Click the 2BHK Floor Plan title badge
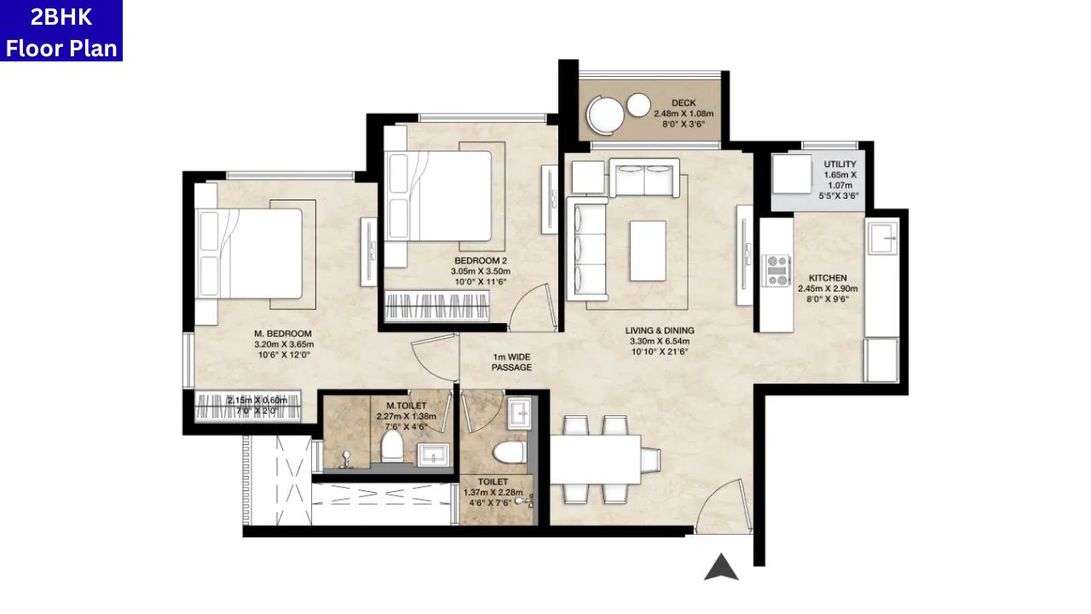pyautogui.click(x=61, y=31)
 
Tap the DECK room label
pyautogui.click(x=683, y=103)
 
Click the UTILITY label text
pyautogui.click(x=840, y=165)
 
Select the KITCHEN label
pyautogui.click(x=827, y=278)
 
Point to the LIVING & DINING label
pyautogui.click(x=660, y=331)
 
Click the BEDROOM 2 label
pyautogui.click(x=480, y=261)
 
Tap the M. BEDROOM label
pyautogui.click(x=282, y=333)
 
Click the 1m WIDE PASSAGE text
pyautogui.click(x=511, y=362)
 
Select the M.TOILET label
pyautogui.click(x=406, y=405)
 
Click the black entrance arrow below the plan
pyautogui.click(x=721, y=567)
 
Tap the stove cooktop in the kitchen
pyautogui.click(x=776, y=270)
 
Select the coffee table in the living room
pyautogui.click(x=648, y=250)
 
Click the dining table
pyautogui.click(x=595, y=459)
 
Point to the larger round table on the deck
pyautogui.click(x=607, y=114)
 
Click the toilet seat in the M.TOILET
pyautogui.click(x=392, y=444)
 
